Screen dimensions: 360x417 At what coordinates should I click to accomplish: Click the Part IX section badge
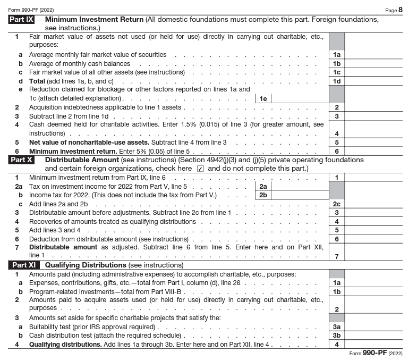(22, 20)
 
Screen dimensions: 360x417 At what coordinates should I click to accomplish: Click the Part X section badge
(22, 160)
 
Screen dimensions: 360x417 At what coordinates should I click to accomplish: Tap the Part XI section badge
(24, 265)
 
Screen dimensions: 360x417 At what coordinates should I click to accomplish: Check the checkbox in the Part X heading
(200, 169)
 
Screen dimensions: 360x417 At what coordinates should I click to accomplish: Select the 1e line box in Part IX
(262, 98)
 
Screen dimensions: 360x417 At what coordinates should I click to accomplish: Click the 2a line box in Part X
(263, 186)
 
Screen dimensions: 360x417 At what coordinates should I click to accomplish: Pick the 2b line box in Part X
(263, 195)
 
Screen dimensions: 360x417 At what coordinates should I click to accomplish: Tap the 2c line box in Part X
(336, 204)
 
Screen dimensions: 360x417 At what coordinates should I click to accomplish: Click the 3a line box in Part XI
(336, 327)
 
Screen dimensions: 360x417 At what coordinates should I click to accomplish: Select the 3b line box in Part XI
(336, 336)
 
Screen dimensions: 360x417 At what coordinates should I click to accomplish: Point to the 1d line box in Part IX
(336, 81)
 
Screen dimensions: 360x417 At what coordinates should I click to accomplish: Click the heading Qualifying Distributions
(86, 265)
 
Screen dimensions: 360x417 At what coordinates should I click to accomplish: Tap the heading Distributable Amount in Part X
(81, 160)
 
